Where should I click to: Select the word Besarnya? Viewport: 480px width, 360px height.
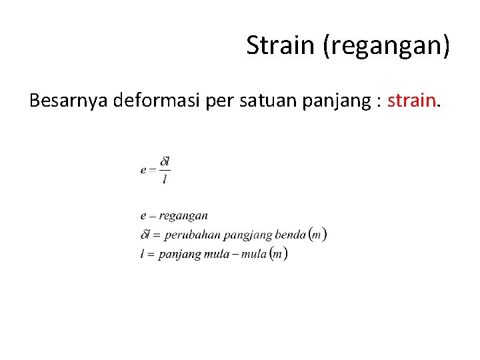pyautogui.click(x=69, y=102)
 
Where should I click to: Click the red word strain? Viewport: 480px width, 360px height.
pyautogui.click(x=412, y=102)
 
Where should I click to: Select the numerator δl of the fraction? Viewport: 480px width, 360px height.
pyautogui.click(x=165, y=161)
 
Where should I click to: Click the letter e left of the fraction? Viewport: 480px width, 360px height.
pyautogui.click(x=143, y=170)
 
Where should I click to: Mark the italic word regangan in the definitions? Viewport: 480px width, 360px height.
pyautogui.click(x=183, y=216)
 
